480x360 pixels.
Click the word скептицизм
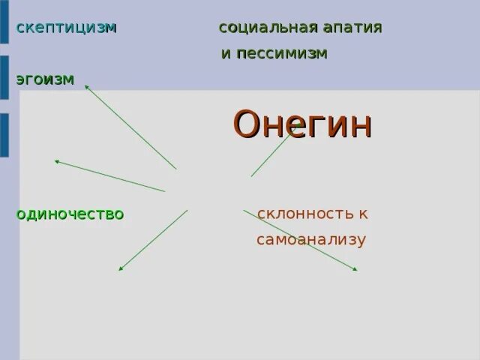[x=66, y=28]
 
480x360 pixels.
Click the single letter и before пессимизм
[x=225, y=55]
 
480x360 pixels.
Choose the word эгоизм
[x=45, y=79]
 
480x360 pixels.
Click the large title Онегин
[x=302, y=124]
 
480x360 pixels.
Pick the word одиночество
[x=70, y=214]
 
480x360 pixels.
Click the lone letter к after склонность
[x=363, y=214]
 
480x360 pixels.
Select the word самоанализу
[x=310, y=240]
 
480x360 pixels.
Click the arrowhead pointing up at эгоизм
[x=87, y=87]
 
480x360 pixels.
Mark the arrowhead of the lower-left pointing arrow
[x=121, y=268]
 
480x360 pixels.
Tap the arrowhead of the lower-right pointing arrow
[x=355, y=268]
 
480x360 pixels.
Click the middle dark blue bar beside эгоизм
[x=4, y=77]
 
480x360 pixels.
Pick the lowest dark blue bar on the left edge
[x=4, y=135]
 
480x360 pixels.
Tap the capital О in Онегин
[x=247, y=124]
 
